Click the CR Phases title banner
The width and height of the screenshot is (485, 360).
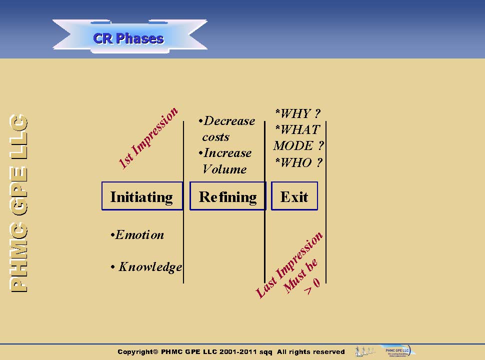128,38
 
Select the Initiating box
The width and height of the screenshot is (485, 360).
142,196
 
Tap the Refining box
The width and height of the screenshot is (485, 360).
227,196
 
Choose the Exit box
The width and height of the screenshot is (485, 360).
294,196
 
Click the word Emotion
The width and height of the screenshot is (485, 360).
139,235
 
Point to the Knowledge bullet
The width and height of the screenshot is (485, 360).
149,267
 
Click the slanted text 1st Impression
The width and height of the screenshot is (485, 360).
148,137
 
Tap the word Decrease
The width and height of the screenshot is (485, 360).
229,121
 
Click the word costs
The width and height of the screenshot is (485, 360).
215,137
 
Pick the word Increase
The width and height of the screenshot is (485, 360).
227,153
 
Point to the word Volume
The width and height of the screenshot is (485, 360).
224,169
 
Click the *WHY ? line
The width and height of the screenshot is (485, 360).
297,113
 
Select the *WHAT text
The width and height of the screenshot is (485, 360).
297,129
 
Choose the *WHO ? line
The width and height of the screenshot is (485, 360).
298,162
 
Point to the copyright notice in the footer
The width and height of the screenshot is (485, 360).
231,352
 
